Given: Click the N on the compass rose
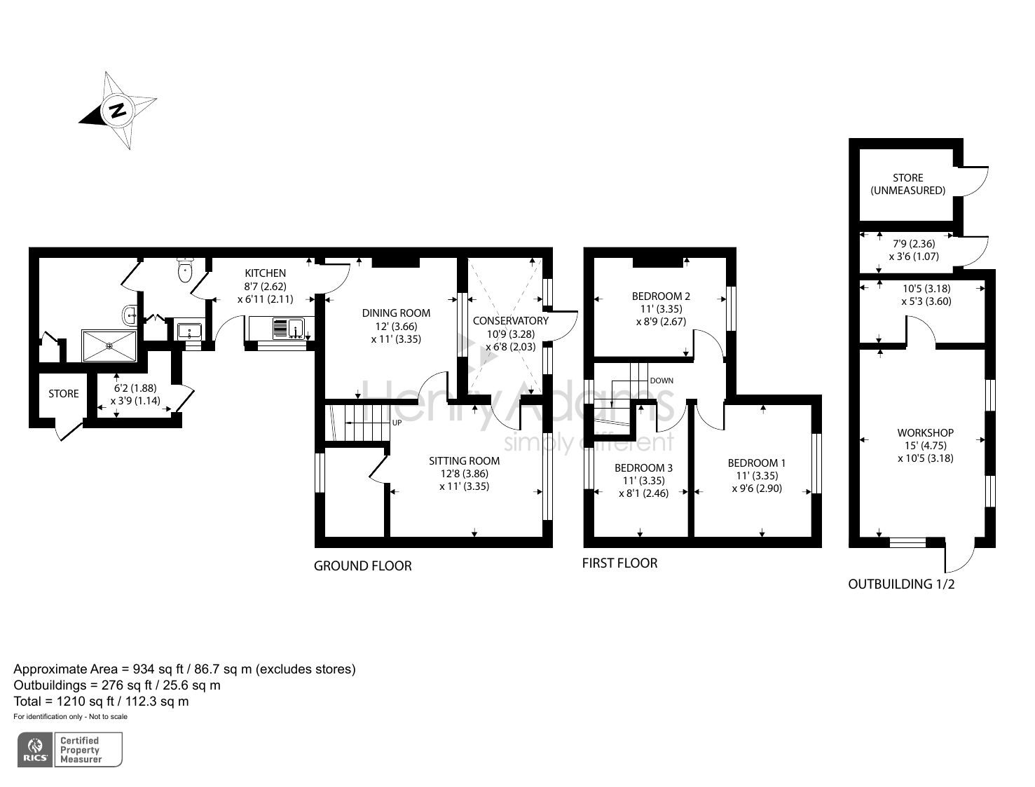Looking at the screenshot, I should click(x=117, y=110).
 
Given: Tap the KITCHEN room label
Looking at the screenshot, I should click(x=265, y=273).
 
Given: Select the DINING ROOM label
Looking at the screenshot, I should click(x=396, y=313).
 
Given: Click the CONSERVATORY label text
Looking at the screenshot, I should click(x=510, y=321).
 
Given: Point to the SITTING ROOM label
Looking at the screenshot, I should click(x=464, y=461).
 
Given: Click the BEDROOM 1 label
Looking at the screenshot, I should click(x=756, y=463).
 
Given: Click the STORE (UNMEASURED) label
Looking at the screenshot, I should click(x=907, y=184).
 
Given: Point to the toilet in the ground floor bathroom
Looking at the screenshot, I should click(x=186, y=269).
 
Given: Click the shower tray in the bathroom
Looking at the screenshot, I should click(x=110, y=345).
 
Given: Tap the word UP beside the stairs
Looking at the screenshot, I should click(x=397, y=423).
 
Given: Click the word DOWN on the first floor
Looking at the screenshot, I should click(x=662, y=381).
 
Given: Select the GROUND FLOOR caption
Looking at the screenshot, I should click(x=362, y=566).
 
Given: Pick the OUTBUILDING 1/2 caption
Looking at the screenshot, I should click(x=901, y=584).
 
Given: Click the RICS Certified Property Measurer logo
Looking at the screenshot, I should click(x=69, y=750).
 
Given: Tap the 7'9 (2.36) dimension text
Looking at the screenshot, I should click(x=913, y=244).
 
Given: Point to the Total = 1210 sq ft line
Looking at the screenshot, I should click(x=101, y=701).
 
